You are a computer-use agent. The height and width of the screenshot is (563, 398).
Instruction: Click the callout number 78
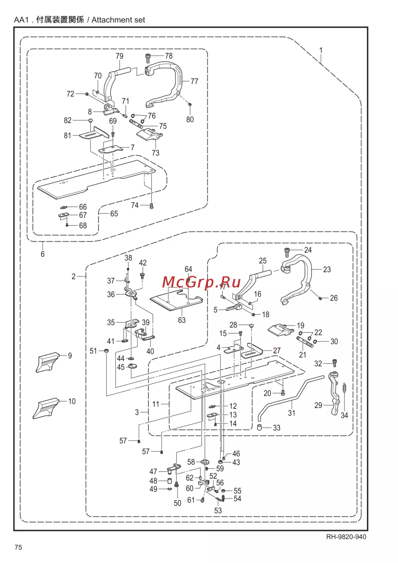pyautogui.click(x=169, y=56)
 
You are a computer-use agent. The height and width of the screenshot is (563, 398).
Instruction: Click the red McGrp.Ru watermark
pyautogui.click(x=201, y=282)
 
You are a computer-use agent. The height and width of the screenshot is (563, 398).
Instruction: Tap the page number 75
pyautogui.click(x=18, y=547)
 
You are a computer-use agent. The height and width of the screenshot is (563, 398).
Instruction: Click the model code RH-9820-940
pyautogui.click(x=346, y=537)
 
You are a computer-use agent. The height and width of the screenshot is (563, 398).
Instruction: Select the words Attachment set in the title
pyautogui.click(x=118, y=20)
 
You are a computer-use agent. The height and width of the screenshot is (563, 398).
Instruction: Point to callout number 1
pyautogui.click(x=321, y=51)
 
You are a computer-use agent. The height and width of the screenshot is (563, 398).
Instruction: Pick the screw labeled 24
pyautogui.click(x=287, y=252)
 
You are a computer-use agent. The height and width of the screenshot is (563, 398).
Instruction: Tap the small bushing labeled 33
pyautogui.click(x=259, y=428)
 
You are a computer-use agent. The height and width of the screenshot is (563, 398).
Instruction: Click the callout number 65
pyautogui.click(x=114, y=214)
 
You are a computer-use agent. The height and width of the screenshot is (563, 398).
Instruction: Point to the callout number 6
pyautogui.click(x=43, y=254)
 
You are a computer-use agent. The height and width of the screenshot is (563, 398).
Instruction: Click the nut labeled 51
pyautogui.click(x=106, y=351)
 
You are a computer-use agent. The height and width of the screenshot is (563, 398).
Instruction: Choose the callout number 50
pyautogui.click(x=178, y=503)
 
